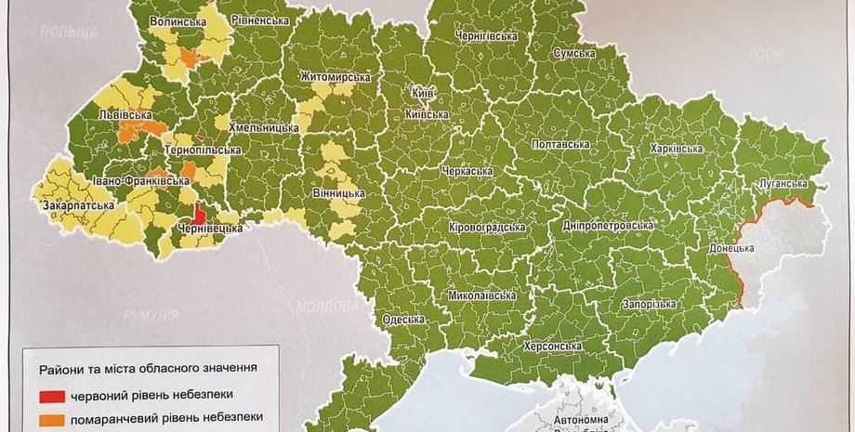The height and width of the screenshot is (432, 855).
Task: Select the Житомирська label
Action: (x=335, y=77)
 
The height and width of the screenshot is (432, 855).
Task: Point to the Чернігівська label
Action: (x=484, y=35)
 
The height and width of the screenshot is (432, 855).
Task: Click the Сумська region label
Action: (x=573, y=53)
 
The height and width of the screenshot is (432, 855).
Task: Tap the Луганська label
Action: (x=784, y=184)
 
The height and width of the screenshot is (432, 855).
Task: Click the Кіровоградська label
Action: (x=486, y=227)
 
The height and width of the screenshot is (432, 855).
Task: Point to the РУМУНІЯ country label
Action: (x=151, y=316)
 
